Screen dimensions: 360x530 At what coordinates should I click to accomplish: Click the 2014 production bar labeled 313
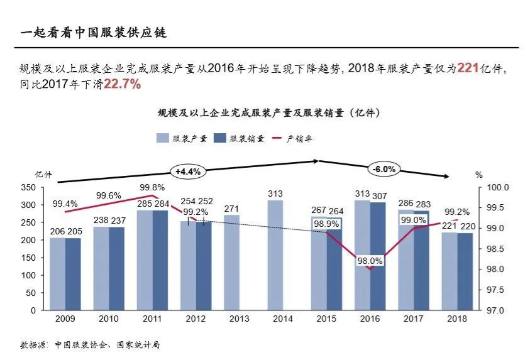(x=275, y=255)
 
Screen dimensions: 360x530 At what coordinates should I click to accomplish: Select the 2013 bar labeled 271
(x=231, y=263)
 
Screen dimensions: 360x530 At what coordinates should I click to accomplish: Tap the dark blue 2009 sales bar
(x=73, y=274)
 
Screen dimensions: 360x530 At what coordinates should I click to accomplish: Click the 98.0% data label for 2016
(x=370, y=261)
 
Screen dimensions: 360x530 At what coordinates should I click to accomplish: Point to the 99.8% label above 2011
(x=152, y=187)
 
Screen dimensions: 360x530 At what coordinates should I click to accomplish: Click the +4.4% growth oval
(x=187, y=171)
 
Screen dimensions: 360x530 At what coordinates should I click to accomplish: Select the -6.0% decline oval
(x=384, y=169)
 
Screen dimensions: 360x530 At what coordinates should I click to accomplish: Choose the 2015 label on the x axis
(x=326, y=319)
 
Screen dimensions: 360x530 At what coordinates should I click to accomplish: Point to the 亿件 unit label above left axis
(x=43, y=174)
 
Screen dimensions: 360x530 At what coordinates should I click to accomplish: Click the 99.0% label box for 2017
(x=413, y=219)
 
